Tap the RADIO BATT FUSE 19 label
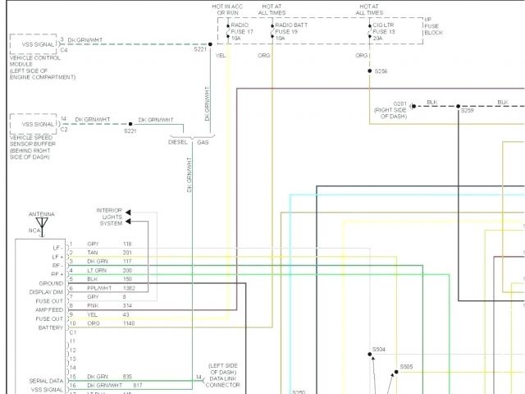pyautogui.click(x=291, y=31)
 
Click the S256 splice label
pyautogui.click(x=381, y=71)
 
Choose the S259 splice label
pyautogui.click(x=466, y=110)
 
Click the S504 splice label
pyautogui.click(x=378, y=350)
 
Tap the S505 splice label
pyautogui.click(x=406, y=367)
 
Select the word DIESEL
pyautogui.click(x=178, y=142)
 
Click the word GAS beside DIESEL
pyautogui.click(x=203, y=142)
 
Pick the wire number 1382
pyautogui.click(x=130, y=288)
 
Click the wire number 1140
pyautogui.click(x=128, y=323)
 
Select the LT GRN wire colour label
pyautogui.click(x=97, y=270)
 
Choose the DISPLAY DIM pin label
pyautogui.click(x=46, y=291)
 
